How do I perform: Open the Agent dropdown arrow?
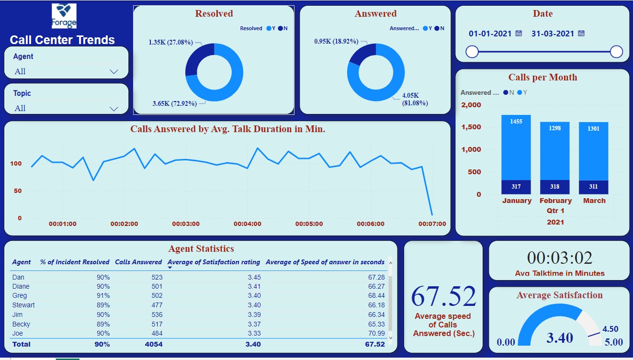pos(114,72)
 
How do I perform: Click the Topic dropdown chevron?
pos(114,109)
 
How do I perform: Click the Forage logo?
pos(64,16)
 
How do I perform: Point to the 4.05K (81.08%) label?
pos(415,99)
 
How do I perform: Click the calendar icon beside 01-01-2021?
pos(519,34)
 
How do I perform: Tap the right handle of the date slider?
pos(617,52)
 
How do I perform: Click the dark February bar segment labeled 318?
pos(555,187)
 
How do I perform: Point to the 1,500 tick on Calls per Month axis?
pos(471,127)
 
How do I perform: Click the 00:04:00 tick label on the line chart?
pos(248,224)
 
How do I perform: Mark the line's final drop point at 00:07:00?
pos(432,214)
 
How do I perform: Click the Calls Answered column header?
pos(138,262)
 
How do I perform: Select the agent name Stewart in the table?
pos(23,305)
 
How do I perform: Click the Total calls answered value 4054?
pos(153,344)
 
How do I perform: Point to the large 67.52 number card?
pos(443,296)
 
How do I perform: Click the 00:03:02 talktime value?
pos(559,258)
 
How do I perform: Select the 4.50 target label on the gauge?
pos(610,329)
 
